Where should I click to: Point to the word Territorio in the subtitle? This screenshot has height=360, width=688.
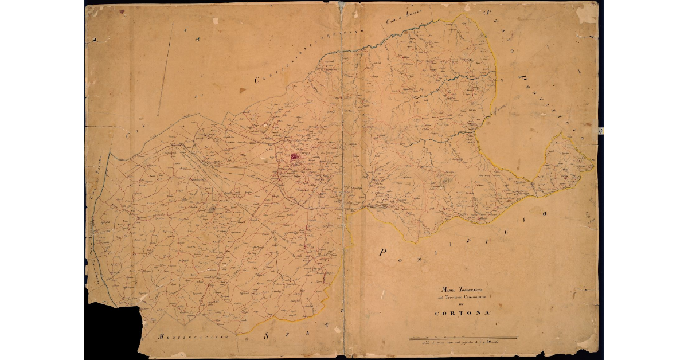(459, 296)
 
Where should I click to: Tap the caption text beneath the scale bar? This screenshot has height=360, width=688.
(453, 342)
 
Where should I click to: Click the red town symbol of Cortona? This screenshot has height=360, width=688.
(295, 155)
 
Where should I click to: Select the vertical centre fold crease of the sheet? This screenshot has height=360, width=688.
(343, 172)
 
